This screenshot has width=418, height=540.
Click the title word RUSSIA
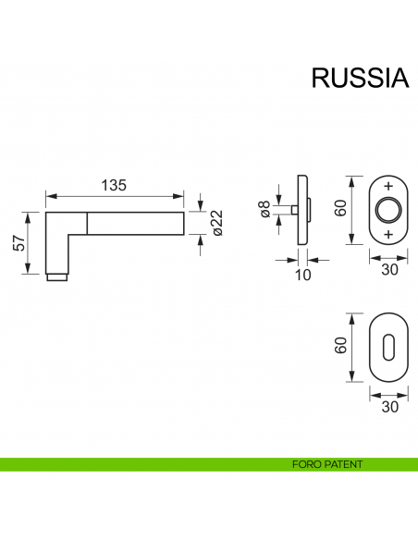click(359, 78)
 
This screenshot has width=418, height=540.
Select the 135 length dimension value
click(113, 185)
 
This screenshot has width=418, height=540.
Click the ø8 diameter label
click(265, 211)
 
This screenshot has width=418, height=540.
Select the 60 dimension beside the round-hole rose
click(340, 209)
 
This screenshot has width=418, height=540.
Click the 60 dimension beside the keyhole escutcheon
click(340, 348)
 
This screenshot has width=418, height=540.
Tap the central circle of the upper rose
click(387, 210)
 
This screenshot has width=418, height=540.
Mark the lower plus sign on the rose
click(387, 235)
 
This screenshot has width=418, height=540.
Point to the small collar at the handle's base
click(57, 276)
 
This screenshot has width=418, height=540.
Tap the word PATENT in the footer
click(343, 464)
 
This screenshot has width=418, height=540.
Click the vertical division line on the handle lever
click(88, 223)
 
